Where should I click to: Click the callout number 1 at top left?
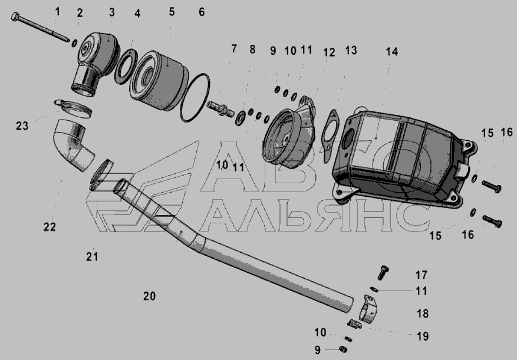[x=58, y=12]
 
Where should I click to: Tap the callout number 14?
[x=391, y=52]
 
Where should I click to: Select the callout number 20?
[x=149, y=296]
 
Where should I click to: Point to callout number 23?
[x=22, y=125]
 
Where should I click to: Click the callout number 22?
[x=50, y=227]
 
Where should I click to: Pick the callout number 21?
[x=92, y=256]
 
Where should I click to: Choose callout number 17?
[x=421, y=275]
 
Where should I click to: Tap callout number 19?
[x=423, y=336]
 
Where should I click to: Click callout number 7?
[x=234, y=49]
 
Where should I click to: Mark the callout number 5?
[x=172, y=12]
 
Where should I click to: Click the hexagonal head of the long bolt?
[x=15, y=16]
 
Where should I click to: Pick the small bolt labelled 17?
[x=383, y=272]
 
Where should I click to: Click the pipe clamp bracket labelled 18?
[x=368, y=308]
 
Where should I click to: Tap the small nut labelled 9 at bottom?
[x=343, y=348]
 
